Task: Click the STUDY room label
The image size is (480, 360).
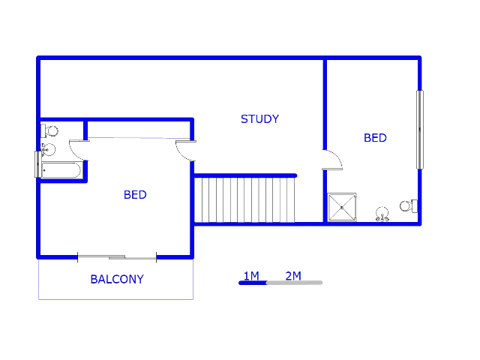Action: click(260, 119)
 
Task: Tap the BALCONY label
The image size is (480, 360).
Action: click(117, 279)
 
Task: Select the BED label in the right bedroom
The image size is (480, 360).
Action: click(375, 138)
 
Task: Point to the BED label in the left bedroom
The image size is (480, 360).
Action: click(135, 195)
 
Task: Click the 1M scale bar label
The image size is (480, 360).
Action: click(251, 276)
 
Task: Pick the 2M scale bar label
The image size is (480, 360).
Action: click(293, 276)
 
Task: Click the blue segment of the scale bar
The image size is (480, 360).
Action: click(253, 283)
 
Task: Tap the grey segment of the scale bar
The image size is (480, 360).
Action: click(295, 283)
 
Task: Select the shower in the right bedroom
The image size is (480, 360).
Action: click(342, 207)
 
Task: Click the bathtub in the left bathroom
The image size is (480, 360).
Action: click(61, 170)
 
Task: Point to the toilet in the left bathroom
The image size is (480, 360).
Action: click(49, 131)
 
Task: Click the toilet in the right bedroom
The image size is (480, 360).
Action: click(409, 205)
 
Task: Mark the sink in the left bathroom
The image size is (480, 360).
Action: click(48, 150)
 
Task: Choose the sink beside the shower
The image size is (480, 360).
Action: click(382, 214)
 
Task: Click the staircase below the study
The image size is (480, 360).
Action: click(244, 200)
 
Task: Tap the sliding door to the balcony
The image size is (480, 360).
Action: click(117, 257)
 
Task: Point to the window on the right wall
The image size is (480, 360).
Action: click(420, 130)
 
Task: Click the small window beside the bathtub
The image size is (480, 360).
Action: click(38, 164)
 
